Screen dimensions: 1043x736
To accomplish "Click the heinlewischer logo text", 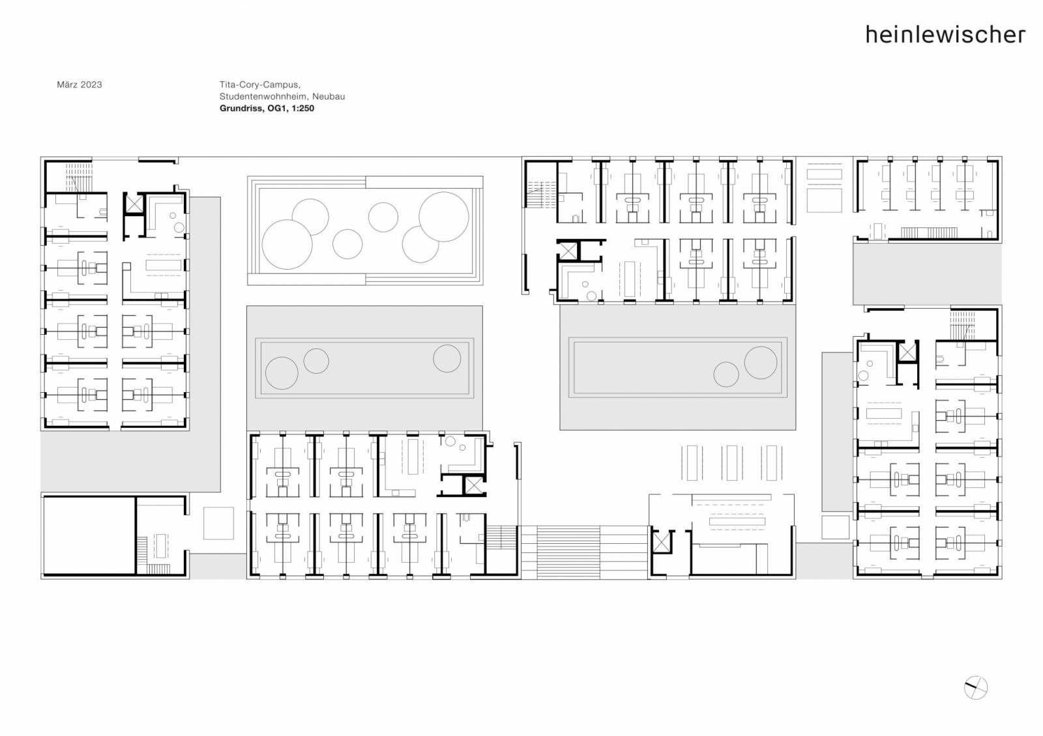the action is pyautogui.click(x=945, y=35).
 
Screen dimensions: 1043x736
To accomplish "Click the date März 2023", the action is pyautogui.click(x=79, y=85).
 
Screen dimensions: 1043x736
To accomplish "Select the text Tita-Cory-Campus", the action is pyautogui.click(x=260, y=85).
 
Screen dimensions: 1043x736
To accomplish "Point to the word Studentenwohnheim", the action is pyautogui.click(x=263, y=97).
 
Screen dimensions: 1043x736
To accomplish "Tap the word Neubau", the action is pyautogui.click(x=329, y=97).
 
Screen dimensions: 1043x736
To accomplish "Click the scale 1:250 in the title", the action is pyautogui.click(x=302, y=108).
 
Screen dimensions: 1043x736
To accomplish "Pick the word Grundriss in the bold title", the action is pyautogui.click(x=241, y=108).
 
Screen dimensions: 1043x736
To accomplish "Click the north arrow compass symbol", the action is pyautogui.click(x=975, y=688).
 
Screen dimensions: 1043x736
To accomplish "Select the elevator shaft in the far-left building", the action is pyautogui.click(x=134, y=204).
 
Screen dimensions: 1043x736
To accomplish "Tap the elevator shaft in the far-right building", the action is pyautogui.click(x=907, y=352).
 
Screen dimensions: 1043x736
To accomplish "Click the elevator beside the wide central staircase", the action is pyautogui.click(x=661, y=543).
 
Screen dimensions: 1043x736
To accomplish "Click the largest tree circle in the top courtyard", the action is pyautogui.click(x=287, y=244).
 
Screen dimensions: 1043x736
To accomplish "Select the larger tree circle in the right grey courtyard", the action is pyautogui.click(x=760, y=362).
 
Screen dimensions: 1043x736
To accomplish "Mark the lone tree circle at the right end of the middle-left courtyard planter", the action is pyautogui.click(x=447, y=358).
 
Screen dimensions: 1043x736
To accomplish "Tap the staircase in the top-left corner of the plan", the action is pyautogui.click(x=79, y=177).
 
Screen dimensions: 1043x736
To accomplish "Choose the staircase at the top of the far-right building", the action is pyautogui.click(x=962, y=326).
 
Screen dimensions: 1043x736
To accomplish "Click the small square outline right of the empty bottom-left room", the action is pyautogui.click(x=218, y=524).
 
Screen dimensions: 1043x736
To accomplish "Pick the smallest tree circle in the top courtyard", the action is pyautogui.click(x=347, y=244).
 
